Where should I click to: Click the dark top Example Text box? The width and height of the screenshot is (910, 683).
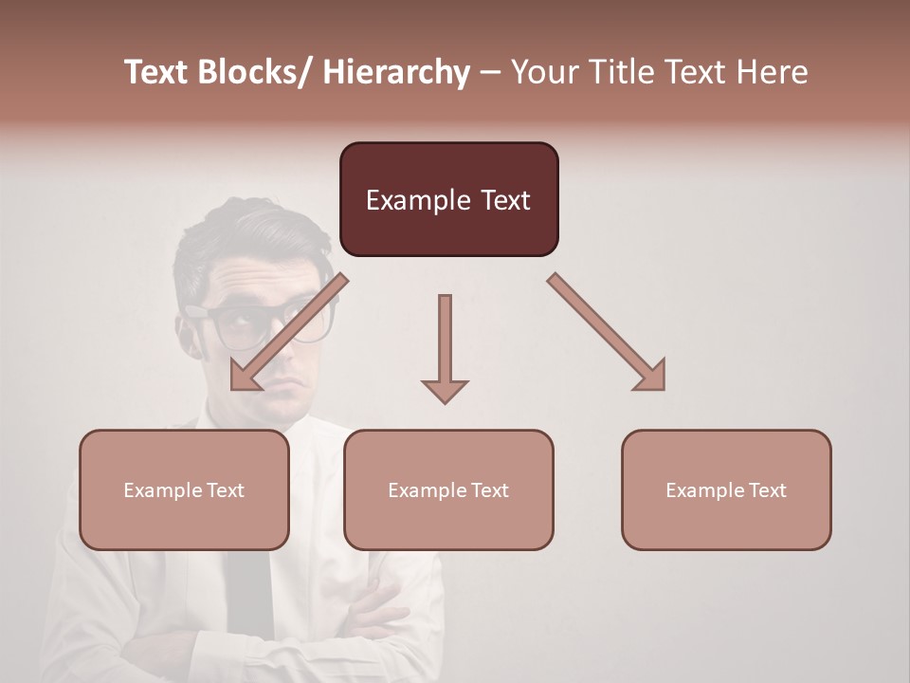tap(448, 199)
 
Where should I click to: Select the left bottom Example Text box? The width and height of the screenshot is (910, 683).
tap(184, 489)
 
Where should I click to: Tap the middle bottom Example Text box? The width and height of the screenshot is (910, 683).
tap(448, 489)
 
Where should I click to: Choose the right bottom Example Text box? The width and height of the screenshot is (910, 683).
tap(726, 489)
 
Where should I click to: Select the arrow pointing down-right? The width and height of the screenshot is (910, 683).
tap(607, 332)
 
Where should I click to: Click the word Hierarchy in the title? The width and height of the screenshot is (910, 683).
tap(396, 72)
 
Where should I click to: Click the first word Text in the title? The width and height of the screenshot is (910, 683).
tap(157, 72)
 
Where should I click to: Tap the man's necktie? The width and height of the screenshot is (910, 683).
tap(249, 588)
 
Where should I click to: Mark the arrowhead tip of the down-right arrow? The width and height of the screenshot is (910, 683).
tap(664, 389)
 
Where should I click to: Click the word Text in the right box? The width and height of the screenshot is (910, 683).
tap(767, 489)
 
